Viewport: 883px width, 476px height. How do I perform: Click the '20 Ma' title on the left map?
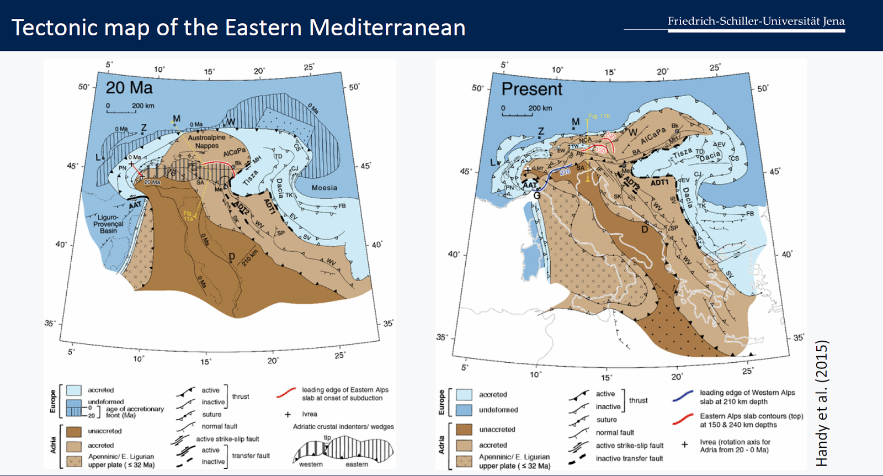pyautogui.click(x=129, y=88)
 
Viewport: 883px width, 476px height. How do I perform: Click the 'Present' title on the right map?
pyautogui.click(x=531, y=89)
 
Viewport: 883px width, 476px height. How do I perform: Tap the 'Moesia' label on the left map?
pyautogui.click(x=324, y=188)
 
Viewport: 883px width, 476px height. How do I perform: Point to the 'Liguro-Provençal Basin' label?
pyautogui.click(x=108, y=224)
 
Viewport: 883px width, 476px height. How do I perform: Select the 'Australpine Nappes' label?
pyautogui.click(x=206, y=141)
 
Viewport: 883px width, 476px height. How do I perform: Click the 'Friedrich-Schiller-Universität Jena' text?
pyautogui.click(x=756, y=21)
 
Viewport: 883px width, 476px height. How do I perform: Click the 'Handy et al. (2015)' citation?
pyautogui.click(x=822, y=403)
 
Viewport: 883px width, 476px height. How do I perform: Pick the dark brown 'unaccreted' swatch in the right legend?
pyautogui.click(x=464, y=429)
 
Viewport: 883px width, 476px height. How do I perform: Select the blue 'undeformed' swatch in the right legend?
pyautogui.click(x=464, y=410)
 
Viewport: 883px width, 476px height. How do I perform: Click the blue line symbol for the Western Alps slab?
pyautogui.click(x=683, y=396)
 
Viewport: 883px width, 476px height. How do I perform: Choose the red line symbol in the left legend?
pyautogui.click(x=286, y=393)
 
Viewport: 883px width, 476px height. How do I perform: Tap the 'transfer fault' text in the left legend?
pyautogui.click(x=251, y=456)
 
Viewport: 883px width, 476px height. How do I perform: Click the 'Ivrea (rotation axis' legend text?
pyautogui.click(x=735, y=442)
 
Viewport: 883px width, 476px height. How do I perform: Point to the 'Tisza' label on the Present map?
pyautogui.click(x=682, y=152)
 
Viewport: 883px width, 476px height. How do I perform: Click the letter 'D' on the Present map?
pyautogui.click(x=644, y=229)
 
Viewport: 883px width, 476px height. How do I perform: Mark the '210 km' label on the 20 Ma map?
pyautogui.click(x=250, y=257)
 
